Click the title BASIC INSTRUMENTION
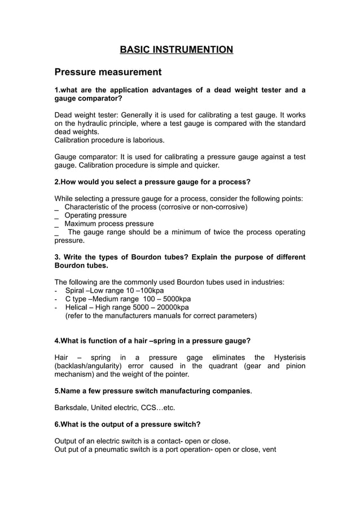click(176, 50)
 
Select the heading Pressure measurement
click(108, 72)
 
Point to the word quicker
click(204, 165)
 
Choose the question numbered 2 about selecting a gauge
click(152, 182)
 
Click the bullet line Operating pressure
click(95, 215)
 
